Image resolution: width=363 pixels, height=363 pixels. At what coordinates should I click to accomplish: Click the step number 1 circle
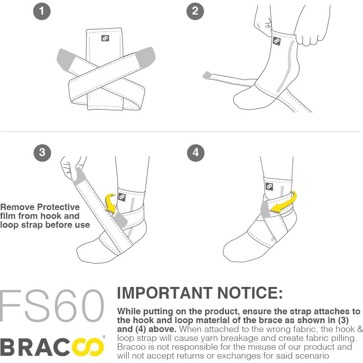[42, 11]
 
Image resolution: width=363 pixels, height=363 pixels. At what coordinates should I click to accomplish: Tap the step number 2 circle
[195, 11]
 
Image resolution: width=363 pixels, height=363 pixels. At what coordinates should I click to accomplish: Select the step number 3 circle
[42, 153]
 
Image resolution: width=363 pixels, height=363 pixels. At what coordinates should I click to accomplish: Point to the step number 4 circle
[196, 153]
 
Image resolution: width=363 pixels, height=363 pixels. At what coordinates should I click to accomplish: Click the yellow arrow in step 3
[111, 201]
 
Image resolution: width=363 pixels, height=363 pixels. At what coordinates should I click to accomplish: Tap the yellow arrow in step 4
[284, 204]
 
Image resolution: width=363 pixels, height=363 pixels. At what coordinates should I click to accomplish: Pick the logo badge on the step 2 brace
[276, 41]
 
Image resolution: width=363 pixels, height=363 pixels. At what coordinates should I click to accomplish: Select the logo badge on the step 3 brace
[122, 197]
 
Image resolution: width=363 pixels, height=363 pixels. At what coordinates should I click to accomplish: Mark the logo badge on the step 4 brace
[269, 187]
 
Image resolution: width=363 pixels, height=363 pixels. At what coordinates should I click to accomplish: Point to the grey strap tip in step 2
[207, 75]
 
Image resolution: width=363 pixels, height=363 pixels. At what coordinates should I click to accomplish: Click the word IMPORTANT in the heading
[165, 293]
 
